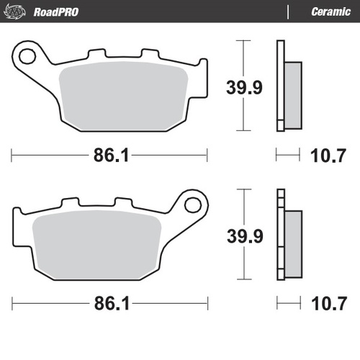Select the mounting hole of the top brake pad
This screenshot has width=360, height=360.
pos(28,55)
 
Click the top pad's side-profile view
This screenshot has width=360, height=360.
pos(286,86)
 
